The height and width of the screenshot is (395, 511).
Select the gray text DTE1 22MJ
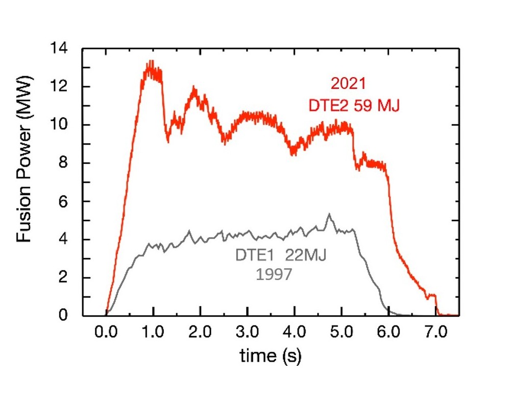click(280, 255)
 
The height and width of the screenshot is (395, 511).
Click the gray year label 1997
click(274, 274)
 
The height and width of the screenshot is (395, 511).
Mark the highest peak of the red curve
click(150, 62)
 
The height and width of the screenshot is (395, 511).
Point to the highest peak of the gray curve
click(329, 215)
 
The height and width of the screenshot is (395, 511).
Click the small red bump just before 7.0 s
click(432, 295)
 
